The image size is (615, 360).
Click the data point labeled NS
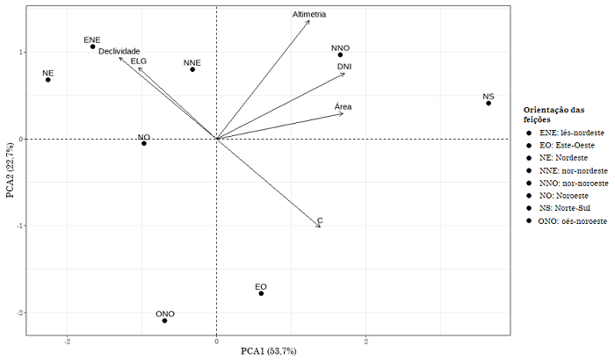(488, 104)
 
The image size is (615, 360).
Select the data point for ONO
(164, 320)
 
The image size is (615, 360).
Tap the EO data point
(261, 293)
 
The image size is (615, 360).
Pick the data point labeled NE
(48, 80)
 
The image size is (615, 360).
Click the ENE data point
(92, 47)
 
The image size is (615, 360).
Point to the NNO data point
(340, 55)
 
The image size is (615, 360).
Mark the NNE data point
(192, 69)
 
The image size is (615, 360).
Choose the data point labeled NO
(144, 143)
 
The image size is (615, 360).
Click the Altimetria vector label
(309, 15)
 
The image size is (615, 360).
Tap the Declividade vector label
(119, 52)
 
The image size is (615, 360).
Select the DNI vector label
(344, 66)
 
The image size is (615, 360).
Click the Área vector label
(344, 107)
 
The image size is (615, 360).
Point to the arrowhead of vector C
(321, 227)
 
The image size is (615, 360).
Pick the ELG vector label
(139, 61)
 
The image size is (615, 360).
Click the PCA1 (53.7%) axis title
(269, 351)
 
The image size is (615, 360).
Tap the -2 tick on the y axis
(19, 313)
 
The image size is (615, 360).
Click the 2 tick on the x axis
(365, 342)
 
